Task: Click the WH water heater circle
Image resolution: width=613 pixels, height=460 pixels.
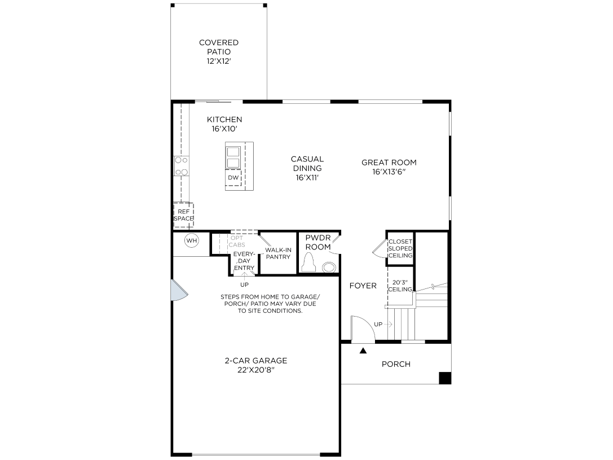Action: (192, 240)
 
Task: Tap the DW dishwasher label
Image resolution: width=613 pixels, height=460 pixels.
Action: (233, 178)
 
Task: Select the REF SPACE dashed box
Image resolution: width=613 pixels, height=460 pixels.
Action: (184, 215)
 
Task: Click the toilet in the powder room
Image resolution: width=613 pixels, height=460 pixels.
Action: (309, 262)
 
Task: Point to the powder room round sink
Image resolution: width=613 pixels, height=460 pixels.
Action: (329, 267)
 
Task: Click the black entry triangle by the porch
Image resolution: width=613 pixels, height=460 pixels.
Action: (363, 351)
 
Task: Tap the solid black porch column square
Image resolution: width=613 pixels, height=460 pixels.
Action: (445, 378)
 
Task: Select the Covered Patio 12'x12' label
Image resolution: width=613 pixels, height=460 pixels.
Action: (219, 51)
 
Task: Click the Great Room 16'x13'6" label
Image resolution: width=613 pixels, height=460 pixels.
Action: (389, 167)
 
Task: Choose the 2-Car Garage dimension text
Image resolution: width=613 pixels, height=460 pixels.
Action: (256, 370)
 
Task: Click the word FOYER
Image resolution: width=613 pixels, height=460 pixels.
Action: (363, 286)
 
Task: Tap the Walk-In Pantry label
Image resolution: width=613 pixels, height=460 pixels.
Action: (279, 253)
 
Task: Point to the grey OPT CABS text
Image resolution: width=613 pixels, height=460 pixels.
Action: (237, 242)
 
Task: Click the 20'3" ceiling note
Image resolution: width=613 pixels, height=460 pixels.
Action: (400, 286)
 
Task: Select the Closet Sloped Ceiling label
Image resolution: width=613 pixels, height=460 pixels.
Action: (400, 248)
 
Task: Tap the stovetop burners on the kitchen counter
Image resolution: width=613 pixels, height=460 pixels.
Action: (182, 166)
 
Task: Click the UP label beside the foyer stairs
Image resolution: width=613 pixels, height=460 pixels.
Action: (378, 325)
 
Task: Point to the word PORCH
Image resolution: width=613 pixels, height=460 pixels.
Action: (396, 364)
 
